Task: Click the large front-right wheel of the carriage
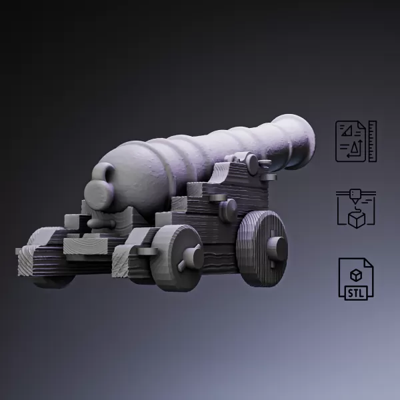pos(263,248)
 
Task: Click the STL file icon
pos(356,278)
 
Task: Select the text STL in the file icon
pos(355,291)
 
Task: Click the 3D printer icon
pos(356,209)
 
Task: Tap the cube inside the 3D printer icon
pos(357,218)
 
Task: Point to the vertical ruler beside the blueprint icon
pos(372,141)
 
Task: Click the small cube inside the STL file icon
pos(356,273)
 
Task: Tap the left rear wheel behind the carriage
pos(51,270)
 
